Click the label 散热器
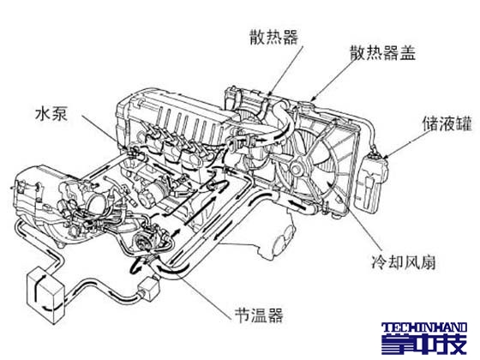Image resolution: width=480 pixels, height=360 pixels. pos(273,38)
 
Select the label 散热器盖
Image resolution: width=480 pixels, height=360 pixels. pos(382,52)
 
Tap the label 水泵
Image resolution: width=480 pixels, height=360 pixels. pos(51,113)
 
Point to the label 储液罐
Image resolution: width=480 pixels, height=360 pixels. pos(447,123)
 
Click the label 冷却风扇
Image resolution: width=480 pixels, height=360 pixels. pos(404,261)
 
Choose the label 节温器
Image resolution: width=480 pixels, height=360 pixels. pos(259,315)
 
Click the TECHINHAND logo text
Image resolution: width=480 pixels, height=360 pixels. pos(424,327)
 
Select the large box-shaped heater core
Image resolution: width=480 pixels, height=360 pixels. pos(45,295)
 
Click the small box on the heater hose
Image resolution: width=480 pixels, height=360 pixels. pos(149,288)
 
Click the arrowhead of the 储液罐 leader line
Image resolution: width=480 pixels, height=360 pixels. pos(386,156)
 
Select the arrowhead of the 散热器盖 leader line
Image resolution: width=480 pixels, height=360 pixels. pos(313,99)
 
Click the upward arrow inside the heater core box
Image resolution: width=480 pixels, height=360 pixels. pos(39,282)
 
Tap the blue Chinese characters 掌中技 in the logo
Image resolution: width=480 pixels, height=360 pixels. pos(424,344)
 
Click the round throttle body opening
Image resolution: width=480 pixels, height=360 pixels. pos(98,201)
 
